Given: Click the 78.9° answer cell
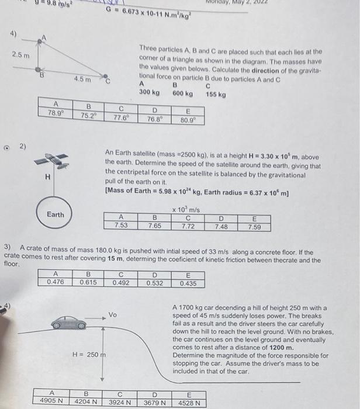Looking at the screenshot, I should (x=55, y=114).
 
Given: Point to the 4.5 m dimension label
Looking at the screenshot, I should (x=81, y=79).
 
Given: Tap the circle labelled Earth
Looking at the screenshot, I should (x=56, y=214).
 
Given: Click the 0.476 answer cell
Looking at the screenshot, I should (x=56, y=283).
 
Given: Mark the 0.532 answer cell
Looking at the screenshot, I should (x=155, y=283).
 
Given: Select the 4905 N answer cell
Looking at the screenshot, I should (x=52, y=402).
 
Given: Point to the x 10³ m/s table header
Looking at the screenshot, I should (x=188, y=210).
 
